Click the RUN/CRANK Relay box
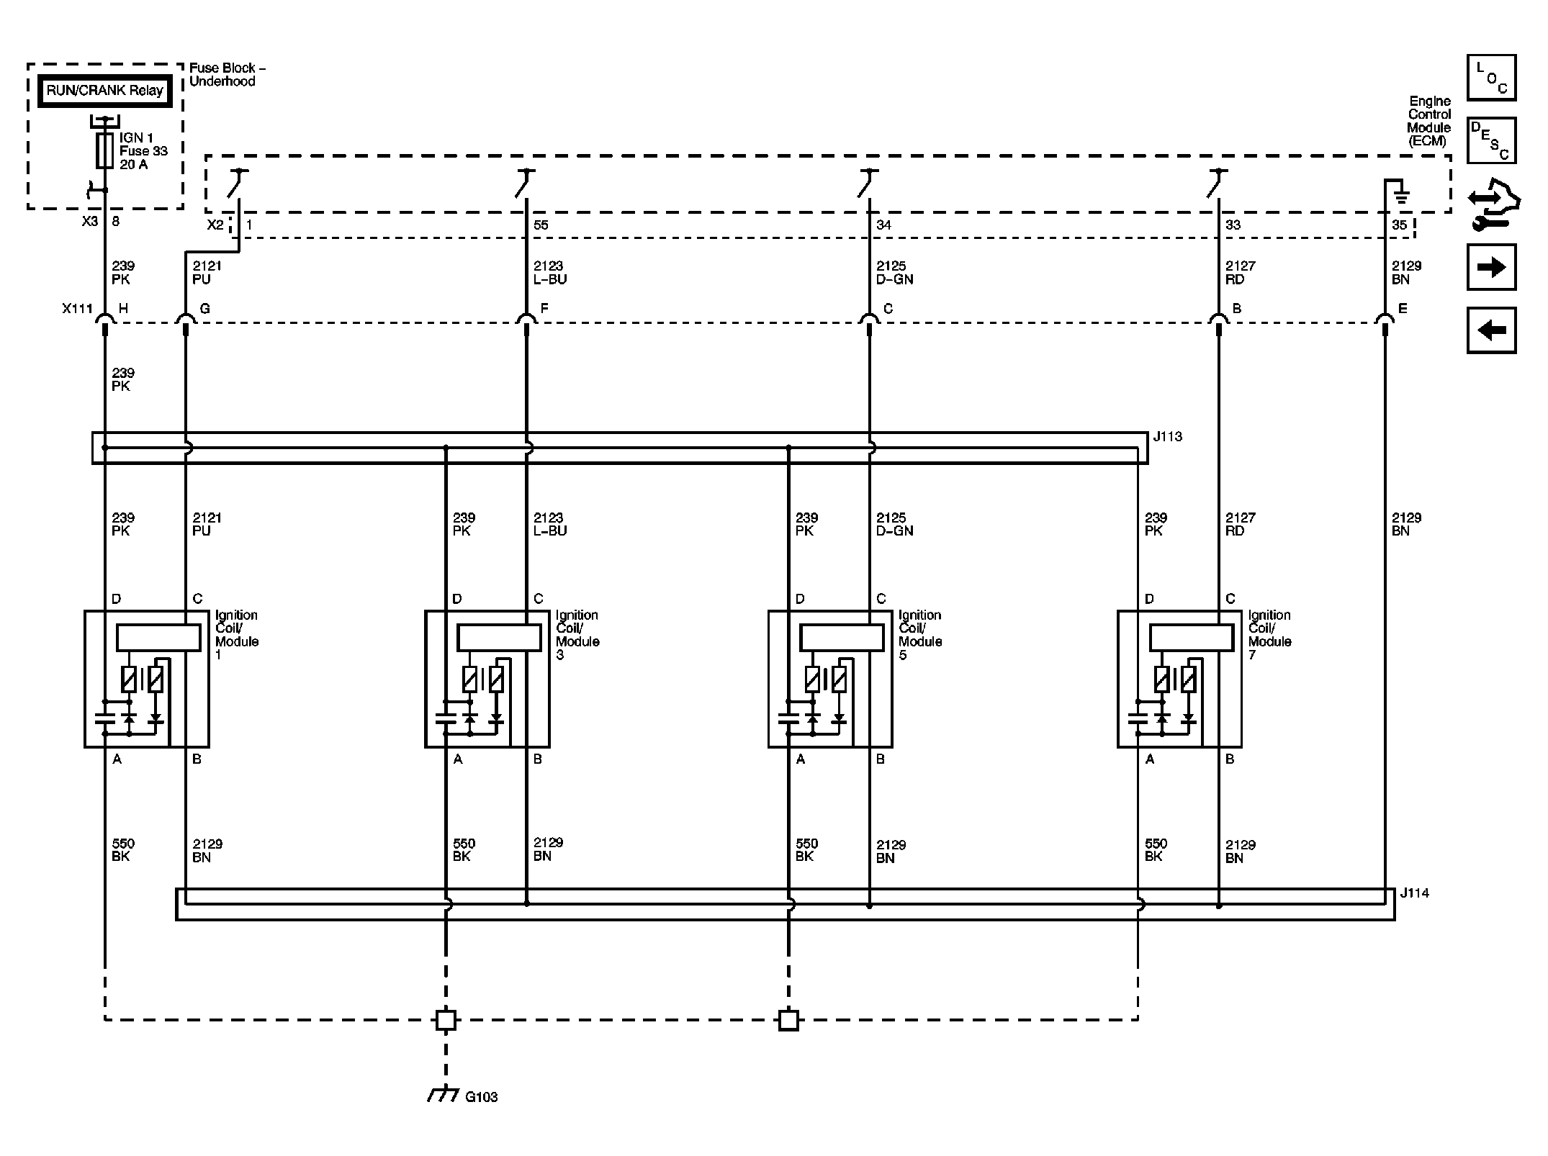pos(104,91)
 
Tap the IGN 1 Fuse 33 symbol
pos(105,150)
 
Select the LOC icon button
pos(1491,78)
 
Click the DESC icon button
pos(1491,140)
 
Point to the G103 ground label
pos(481,1097)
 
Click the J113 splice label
pos(1167,436)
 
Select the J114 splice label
pos(1414,893)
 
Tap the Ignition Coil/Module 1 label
pos(236,634)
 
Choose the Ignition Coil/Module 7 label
pos(1269,634)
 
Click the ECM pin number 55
pos(541,225)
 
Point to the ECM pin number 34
pos(883,225)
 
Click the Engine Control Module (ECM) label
pos(1428,121)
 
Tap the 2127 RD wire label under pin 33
pos(1240,272)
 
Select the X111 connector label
pos(77,309)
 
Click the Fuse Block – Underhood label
pos(227,74)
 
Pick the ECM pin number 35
pos(1399,225)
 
